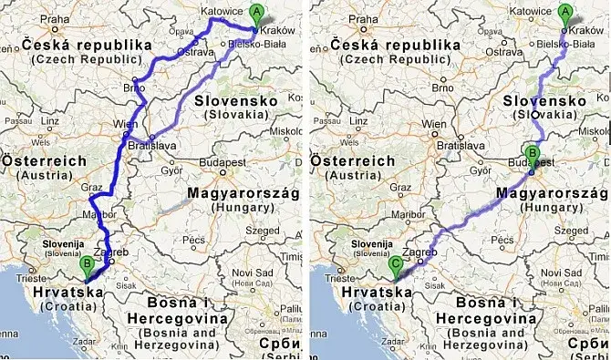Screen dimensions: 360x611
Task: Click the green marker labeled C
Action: tap(395, 264)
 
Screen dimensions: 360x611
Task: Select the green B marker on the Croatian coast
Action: tap(88, 265)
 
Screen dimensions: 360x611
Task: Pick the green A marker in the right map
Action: tap(565, 13)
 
